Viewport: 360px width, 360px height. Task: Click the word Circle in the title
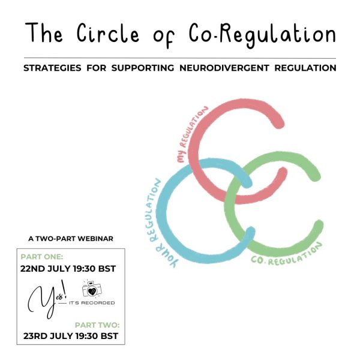point(108,33)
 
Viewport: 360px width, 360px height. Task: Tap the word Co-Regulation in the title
point(262,35)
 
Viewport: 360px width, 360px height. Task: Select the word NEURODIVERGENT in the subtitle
point(224,68)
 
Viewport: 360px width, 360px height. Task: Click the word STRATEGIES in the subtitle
point(52,68)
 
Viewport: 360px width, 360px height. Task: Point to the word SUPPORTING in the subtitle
point(143,68)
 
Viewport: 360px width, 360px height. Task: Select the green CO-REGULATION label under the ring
point(287,255)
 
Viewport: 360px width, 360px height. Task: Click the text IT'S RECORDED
point(92,303)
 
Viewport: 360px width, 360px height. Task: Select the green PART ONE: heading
point(42,257)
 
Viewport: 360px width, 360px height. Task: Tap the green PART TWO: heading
point(97,325)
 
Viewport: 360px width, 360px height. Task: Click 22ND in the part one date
point(32,269)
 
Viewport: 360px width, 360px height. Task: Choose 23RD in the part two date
point(35,336)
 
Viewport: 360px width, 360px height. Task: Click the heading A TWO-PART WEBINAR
point(71,239)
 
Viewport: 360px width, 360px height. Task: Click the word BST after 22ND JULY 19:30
point(107,269)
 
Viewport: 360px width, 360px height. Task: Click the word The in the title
point(44,32)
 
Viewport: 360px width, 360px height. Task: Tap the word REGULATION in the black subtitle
point(305,68)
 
